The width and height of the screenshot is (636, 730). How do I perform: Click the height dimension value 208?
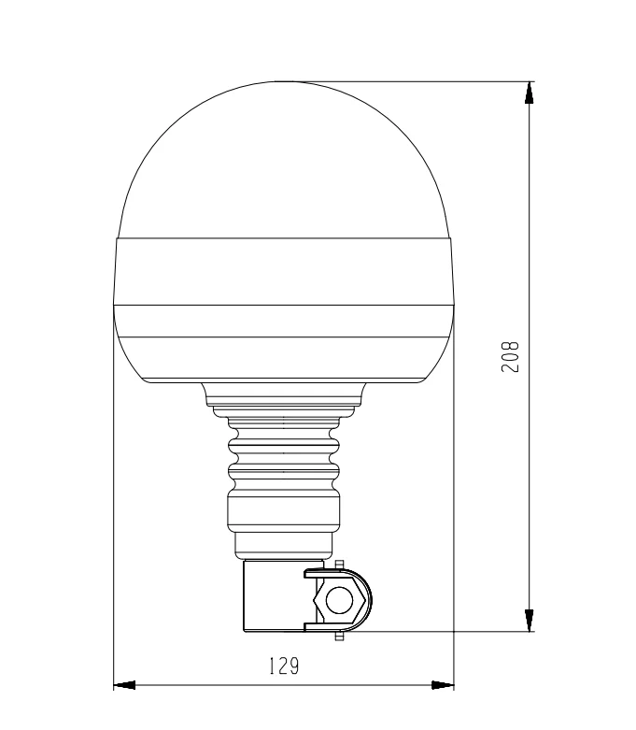coord(510,356)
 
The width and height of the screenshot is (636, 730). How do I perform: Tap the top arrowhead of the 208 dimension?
coord(530,91)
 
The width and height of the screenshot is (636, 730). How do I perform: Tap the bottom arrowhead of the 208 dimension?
coord(530,621)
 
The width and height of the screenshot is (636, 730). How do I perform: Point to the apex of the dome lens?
coord(284,82)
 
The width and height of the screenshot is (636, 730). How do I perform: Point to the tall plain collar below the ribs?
coord(284,510)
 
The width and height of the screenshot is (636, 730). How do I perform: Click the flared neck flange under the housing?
coord(284,394)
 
